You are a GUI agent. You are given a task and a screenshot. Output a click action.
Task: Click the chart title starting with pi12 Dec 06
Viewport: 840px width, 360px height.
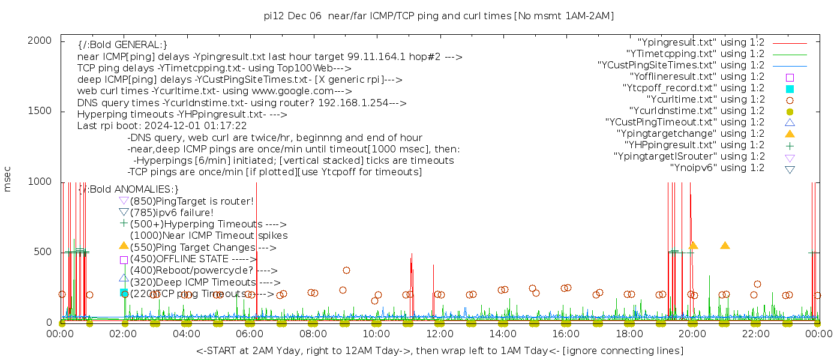point(439,16)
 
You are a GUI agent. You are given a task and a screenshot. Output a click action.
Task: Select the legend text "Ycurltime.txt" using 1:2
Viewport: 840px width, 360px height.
point(705,100)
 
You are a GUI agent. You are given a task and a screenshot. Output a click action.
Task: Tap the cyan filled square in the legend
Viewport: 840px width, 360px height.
point(790,89)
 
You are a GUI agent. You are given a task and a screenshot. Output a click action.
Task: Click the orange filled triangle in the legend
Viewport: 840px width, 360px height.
point(790,134)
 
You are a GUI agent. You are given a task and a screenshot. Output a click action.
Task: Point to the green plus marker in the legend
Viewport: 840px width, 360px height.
point(790,145)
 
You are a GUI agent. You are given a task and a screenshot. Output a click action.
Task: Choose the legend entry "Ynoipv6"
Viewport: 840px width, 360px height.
point(717,168)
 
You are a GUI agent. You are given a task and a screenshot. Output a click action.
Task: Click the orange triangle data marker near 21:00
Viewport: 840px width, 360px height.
point(725,245)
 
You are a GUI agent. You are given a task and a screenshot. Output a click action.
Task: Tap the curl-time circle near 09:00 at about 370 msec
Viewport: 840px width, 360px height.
point(346,270)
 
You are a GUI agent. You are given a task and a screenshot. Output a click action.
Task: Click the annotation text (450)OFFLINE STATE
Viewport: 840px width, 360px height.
point(193,259)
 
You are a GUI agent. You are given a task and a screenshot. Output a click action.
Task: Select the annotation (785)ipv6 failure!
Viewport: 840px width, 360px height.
point(172,213)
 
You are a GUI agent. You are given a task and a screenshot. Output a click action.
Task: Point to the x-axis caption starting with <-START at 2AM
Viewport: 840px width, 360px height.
point(439,350)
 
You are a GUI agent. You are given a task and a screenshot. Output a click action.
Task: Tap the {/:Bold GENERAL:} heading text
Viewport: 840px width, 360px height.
point(122,45)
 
